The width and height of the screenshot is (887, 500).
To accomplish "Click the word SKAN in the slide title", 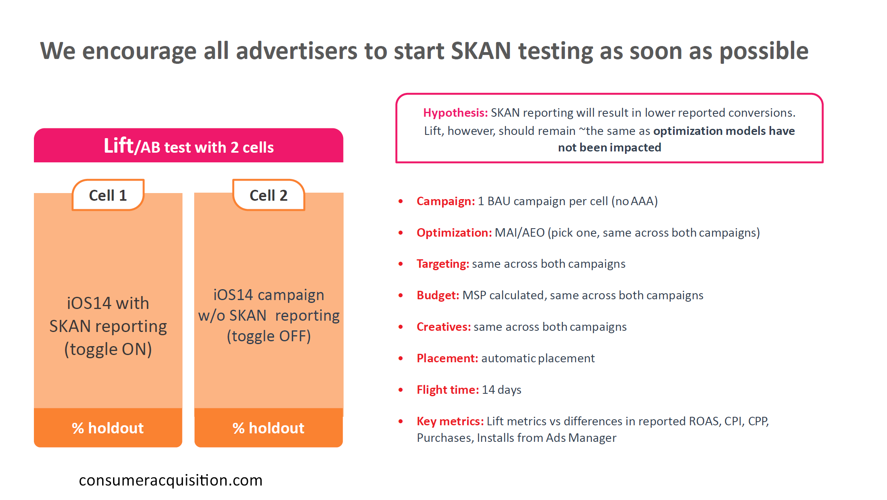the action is [x=481, y=51].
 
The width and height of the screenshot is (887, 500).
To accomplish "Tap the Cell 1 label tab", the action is [x=108, y=195].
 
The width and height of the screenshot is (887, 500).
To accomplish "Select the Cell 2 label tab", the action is [x=268, y=195].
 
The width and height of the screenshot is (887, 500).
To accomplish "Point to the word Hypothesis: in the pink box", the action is [x=455, y=113].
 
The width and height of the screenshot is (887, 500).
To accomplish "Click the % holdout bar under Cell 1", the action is [x=108, y=428].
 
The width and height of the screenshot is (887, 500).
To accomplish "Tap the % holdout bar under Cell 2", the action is [x=268, y=428].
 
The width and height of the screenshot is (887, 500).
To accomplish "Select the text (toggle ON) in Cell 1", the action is [x=108, y=349].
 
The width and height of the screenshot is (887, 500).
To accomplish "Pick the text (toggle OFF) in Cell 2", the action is [x=269, y=336].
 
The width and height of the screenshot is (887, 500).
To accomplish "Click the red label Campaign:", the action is [x=446, y=201].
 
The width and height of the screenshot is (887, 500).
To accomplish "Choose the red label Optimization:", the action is [x=454, y=233].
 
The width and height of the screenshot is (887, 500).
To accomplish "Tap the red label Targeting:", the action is [x=443, y=264].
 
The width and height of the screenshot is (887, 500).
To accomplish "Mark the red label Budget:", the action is [x=438, y=295].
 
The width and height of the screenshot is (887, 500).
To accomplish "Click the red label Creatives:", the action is [x=444, y=327].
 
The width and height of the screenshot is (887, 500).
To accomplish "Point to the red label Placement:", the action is [x=447, y=358].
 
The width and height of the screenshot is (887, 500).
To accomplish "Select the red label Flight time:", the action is [x=448, y=390].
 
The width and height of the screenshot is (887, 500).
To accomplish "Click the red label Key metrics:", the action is [x=450, y=421].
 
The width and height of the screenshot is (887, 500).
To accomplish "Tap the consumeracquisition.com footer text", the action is [x=171, y=481].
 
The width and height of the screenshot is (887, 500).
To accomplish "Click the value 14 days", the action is [x=501, y=390].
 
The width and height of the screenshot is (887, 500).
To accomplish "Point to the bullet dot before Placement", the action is [x=401, y=358].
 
